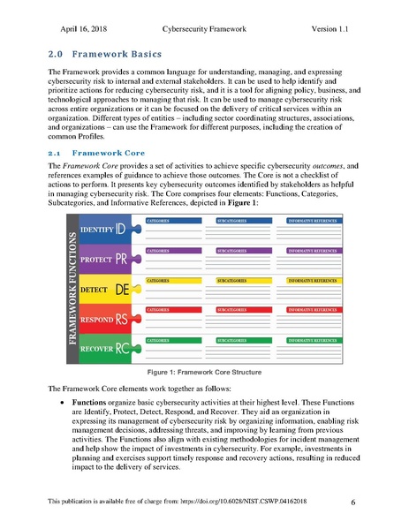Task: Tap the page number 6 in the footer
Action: click(x=352, y=503)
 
